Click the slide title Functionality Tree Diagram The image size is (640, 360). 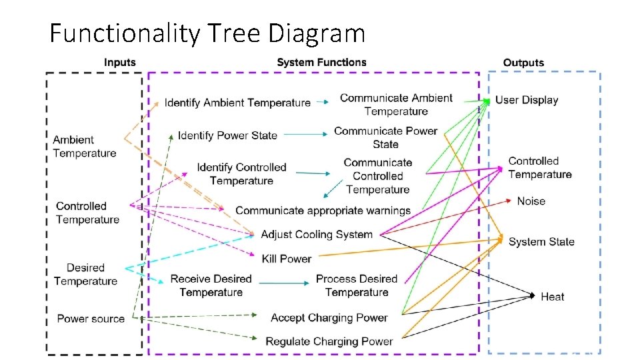(x=207, y=33)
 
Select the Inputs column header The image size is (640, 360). (x=119, y=63)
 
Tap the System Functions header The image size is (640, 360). (x=321, y=63)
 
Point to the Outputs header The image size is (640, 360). (x=523, y=63)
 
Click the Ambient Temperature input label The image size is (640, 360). (x=84, y=147)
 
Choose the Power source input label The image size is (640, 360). (x=91, y=319)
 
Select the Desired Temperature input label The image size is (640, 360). (x=85, y=275)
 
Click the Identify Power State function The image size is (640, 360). (x=227, y=135)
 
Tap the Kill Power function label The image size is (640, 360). (x=287, y=259)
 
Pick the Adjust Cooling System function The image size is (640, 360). (x=317, y=235)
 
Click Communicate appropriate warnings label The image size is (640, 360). (x=323, y=211)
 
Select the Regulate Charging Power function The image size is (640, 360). (x=329, y=341)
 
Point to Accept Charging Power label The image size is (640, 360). (x=329, y=317)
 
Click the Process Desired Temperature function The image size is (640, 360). (x=357, y=285)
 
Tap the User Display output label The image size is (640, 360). (x=527, y=100)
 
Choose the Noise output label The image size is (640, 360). (x=531, y=201)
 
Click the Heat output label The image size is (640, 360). (x=553, y=297)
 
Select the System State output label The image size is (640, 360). (x=541, y=242)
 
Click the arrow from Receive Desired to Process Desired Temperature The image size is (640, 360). (x=283, y=283)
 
